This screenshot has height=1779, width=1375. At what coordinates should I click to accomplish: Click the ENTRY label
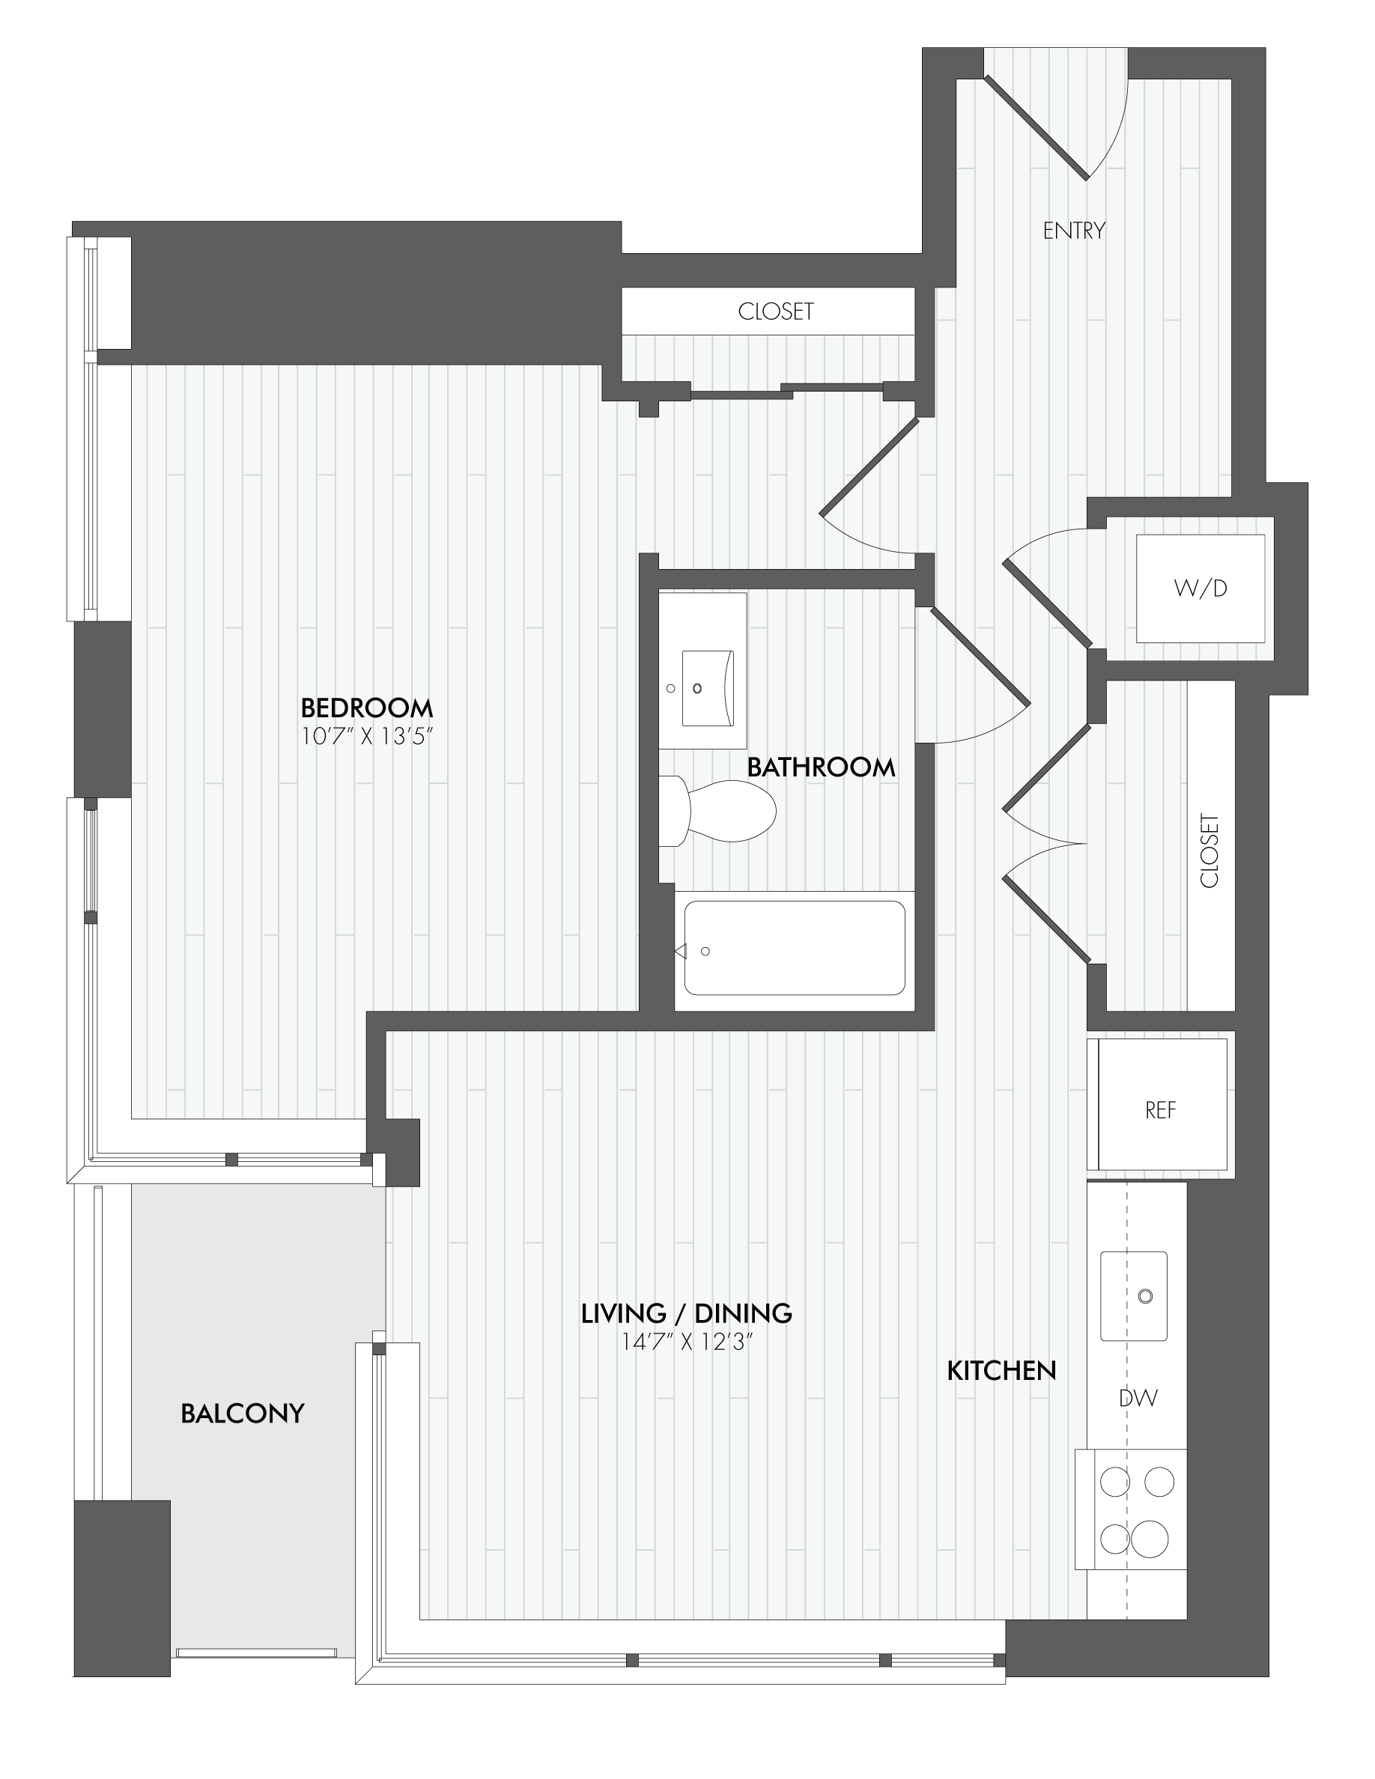click(1074, 231)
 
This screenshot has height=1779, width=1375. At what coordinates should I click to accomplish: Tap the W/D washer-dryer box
click(1200, 588)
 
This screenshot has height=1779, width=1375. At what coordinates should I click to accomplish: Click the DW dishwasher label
click(1138, 1398)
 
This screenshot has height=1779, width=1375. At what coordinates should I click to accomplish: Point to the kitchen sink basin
click(1133, 1296)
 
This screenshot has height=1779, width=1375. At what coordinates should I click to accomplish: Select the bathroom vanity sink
click(708, 687)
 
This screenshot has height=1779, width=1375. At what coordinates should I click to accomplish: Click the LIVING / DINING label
click(686, 1313)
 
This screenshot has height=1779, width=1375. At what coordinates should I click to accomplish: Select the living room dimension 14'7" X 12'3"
click(686, 1342)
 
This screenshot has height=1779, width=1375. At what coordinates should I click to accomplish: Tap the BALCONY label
click(242, 1414)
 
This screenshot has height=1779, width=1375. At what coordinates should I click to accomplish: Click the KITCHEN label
click(1001, 1371)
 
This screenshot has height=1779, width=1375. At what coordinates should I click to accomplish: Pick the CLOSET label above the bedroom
click(775, 311)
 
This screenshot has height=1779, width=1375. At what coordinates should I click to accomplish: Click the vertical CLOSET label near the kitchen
click(1209, 851)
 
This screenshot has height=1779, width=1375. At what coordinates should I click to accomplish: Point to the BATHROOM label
click(821, 767)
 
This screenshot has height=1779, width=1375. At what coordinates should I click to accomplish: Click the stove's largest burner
click(1150, 1539)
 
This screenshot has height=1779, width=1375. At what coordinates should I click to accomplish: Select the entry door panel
click(1036, 127)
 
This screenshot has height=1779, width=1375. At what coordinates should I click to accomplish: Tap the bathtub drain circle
click(705, 952)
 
